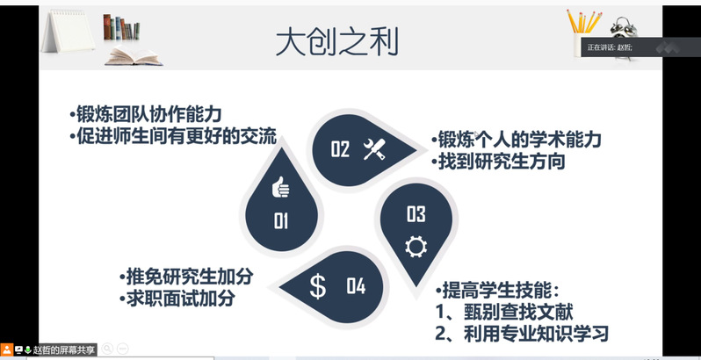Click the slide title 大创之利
pos(336,43)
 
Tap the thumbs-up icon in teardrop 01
pos(281,187)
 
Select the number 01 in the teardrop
pos(281,221)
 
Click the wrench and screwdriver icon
pos(374,149)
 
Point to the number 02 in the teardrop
pos(340,148)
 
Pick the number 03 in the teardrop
pos(416,214)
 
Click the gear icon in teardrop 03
pos(416,247)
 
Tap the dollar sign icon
pos(318,286)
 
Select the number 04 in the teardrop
pos(356,286)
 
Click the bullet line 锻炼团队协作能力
pos(146,114)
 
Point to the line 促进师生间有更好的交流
pos(173,135)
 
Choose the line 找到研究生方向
pos(498,162)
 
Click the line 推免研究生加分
pos(186,277)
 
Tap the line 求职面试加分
pos(177,298)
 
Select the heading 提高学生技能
pos(497,292)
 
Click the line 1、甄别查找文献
pos(504,313)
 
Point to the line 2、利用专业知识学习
pos(522,334)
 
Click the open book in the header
pos(134,56)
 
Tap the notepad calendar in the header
pos(69,30)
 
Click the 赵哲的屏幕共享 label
pos(64,349)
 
